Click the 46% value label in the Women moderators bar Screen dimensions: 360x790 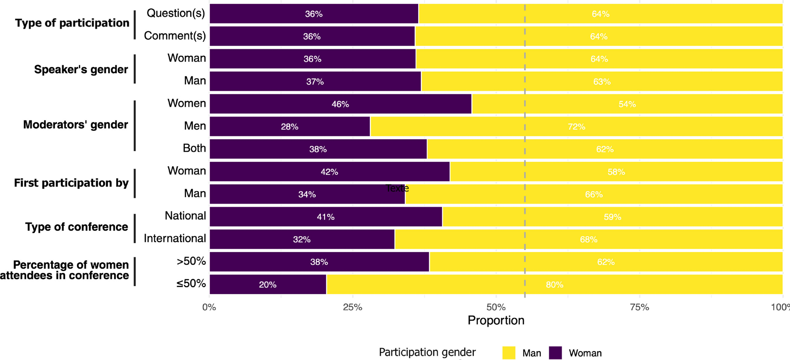[340, 104]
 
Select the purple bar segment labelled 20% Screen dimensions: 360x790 [268, 285]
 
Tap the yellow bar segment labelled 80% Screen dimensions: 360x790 [554, 285]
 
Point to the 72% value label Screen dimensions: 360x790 [576, 127]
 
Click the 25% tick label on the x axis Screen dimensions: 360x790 [352, 307]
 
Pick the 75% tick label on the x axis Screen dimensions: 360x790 [639, 307]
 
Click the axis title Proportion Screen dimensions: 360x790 [496, 320]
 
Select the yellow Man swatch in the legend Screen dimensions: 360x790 [509, 353]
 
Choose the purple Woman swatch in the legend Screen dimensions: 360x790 [555, 353]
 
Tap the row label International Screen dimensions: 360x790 [175, 238]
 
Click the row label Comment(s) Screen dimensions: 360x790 [175, 36]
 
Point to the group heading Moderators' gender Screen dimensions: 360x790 [75, 125]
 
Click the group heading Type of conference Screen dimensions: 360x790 [77, 227]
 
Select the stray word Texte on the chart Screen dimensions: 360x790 [397, 188]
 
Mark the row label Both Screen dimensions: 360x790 [194, 148]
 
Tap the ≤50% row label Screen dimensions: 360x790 [191, 284]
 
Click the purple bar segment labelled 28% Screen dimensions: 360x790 [290, 127]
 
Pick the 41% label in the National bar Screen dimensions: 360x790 [325, 217]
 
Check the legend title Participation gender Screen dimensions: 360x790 [427, 352]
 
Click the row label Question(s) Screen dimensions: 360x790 [176, 13]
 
